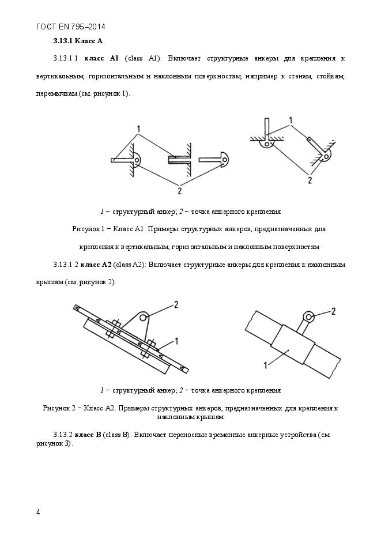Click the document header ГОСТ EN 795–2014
(x=70, y=27)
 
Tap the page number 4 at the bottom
(x=37, y=511)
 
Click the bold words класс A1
(x=101, y=58)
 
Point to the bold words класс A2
(x=95, y=265)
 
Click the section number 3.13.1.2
(x=65, y=265)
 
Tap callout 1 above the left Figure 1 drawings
(x=139, y=127)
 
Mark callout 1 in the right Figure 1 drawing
(x=291, y=120)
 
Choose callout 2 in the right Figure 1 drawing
(x=310, y=180)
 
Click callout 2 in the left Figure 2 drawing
(x=176, y=303)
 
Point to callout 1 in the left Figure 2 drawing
(x=176, y=341)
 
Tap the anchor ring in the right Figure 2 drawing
(x=310, y=316)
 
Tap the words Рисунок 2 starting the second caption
(x=59, y=408)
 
